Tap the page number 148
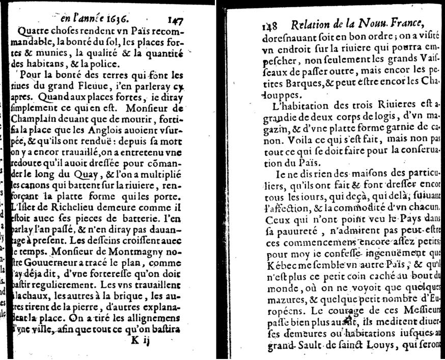(x=270, y=26)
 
